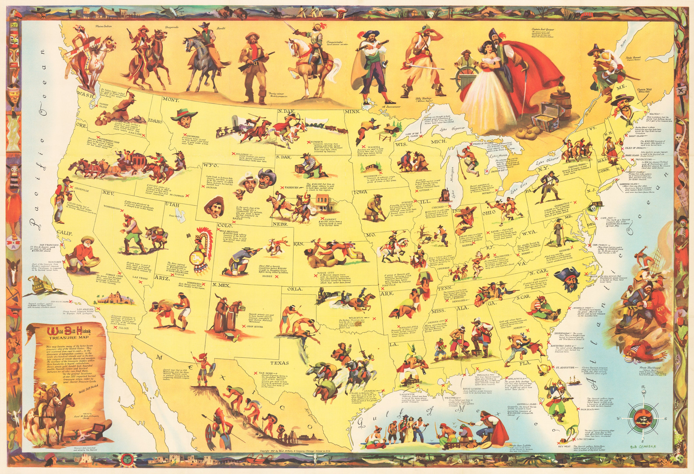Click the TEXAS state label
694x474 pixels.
[x=280, y=363]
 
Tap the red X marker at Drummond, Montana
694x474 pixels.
[x=185, y=134]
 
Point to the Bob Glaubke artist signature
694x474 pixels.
[x=643, y=447]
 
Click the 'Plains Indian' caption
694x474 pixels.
[x=104, y=26]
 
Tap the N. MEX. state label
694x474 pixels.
[x=221, y=285]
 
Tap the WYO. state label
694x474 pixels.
[x=211, y=165]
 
